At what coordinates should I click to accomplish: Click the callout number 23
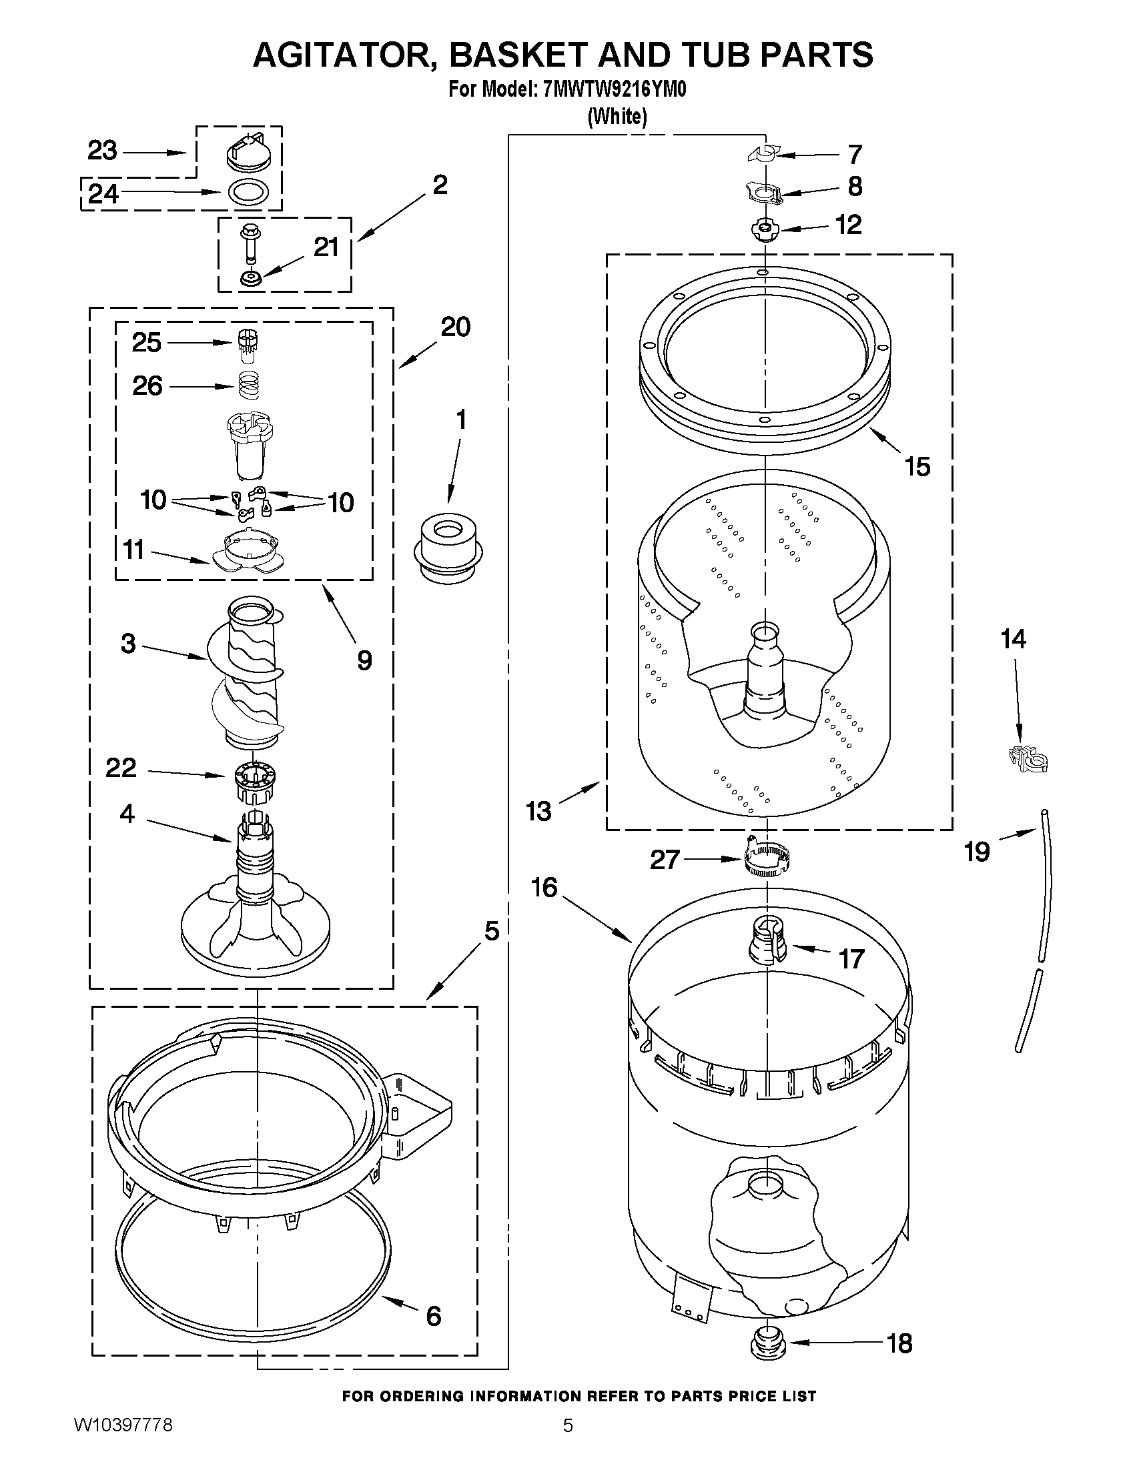[x=102, y=151]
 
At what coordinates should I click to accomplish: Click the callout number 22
[x=121, y=768]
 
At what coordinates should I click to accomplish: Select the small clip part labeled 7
[x=763, y=155]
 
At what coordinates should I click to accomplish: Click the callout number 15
[x=918, y=466]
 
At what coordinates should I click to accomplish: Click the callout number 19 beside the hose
[x=977, y=852]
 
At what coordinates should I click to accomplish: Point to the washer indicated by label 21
[x=252, y=277]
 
